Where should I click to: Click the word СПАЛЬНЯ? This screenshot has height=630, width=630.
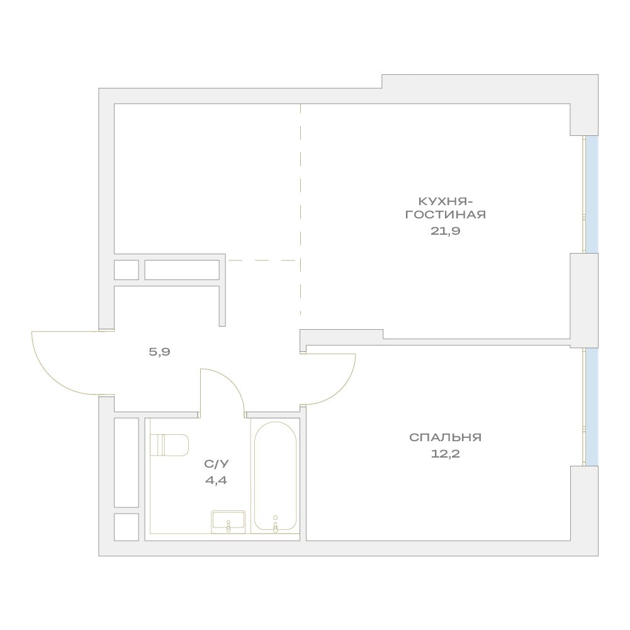tap(445, 437)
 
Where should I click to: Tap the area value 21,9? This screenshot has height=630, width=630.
tap(445, 231)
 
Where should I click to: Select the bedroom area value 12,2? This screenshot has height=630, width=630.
tap(445, 454)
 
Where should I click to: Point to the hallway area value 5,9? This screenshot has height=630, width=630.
tap(159, 352)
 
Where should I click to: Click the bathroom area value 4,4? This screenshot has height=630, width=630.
tap(216, 480)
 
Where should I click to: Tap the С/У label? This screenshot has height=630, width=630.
tap(216, 464)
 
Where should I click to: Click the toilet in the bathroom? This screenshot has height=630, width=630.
tap(169, 445)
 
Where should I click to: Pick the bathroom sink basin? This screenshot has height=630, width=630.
tap(228, 522)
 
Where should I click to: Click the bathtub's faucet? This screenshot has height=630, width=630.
tap(275, 524)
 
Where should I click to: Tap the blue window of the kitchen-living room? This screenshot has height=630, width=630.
tap(592, 194)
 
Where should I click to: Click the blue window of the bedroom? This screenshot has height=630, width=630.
tap(592, 407)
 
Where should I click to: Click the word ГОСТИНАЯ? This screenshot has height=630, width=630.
tap(445, 214)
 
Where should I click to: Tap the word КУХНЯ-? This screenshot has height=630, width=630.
tap(445, 201)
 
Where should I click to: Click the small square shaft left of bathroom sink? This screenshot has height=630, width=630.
tap(126, 527)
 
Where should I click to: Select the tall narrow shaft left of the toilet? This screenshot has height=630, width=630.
tap(126, 463)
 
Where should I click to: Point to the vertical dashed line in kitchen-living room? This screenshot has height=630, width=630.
tap(301, 209)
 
